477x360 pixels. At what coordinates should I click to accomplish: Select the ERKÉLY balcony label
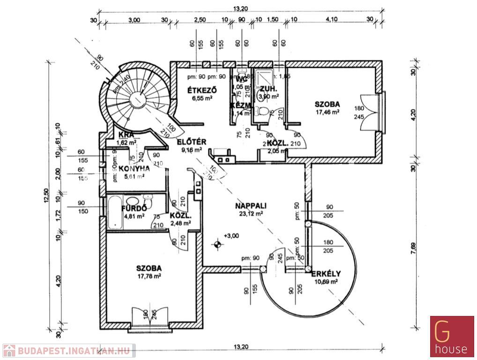click(x=326, y=274)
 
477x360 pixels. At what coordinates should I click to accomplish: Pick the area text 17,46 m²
click(x=328, y=112)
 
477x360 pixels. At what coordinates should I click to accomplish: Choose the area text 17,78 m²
click(x=149, y=277)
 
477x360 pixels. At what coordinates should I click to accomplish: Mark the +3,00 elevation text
click(x=231, y=235)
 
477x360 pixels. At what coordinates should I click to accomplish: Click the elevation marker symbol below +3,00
click(x=217, y=244)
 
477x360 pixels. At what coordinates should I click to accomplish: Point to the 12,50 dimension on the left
click(x=46, y=195)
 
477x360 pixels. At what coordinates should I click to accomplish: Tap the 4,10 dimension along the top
click(x=331, y=20)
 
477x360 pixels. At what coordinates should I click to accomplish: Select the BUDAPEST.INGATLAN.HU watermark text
click(x=75, y=350)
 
